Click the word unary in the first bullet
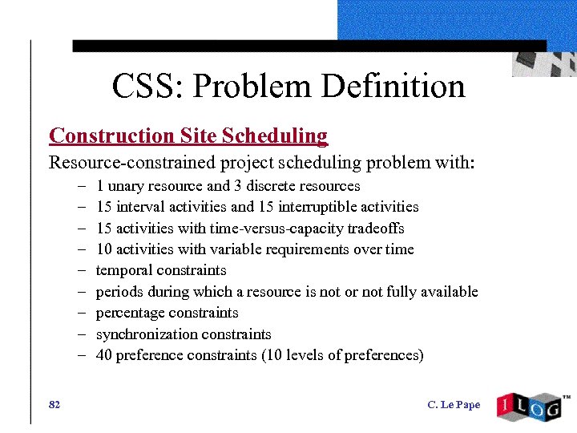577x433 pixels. [125, 186]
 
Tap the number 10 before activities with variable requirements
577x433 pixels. [104, 249]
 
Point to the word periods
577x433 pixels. [118, 292]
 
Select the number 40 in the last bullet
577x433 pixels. [104, 355]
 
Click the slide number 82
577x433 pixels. [54, 404]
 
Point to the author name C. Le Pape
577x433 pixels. [454, 404]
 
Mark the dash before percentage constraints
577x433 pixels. [83, 313]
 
